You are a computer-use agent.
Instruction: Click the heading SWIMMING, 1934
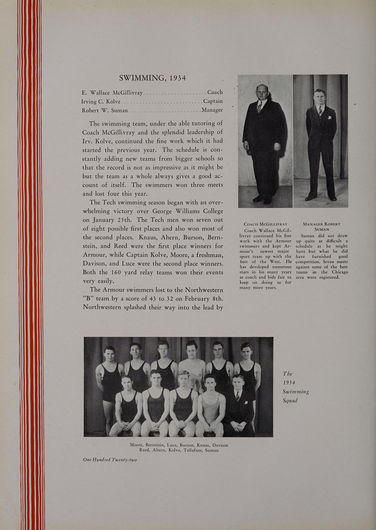[x=152, y=78]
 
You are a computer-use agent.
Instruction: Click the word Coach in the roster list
[x=215, y=92]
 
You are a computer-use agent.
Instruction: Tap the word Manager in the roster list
[x=212, y=110]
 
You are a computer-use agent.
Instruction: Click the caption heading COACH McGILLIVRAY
[x=265, y=224]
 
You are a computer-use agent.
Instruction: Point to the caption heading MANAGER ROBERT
[x=321, y=224]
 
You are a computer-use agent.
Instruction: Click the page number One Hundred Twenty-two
[x=110, y=460]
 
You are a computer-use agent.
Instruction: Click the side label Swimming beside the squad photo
[x=296, y=391]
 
